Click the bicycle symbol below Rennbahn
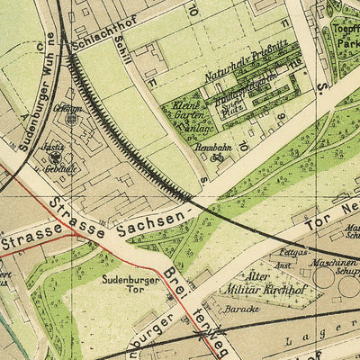216,157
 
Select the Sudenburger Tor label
123,284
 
